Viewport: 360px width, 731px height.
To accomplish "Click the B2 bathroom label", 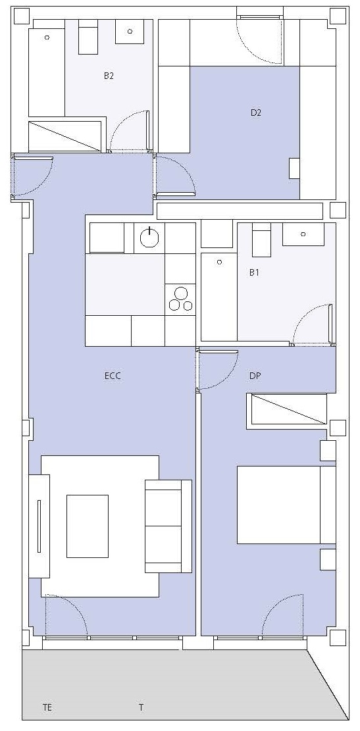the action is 109,76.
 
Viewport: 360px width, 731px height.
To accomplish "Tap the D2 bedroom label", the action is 255,113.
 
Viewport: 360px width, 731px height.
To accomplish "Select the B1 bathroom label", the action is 254,272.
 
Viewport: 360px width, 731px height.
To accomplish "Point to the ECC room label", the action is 113,376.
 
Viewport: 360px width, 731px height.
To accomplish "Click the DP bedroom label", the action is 255,376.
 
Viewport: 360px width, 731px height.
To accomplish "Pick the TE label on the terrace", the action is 47,707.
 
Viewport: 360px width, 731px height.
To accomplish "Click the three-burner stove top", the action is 180,299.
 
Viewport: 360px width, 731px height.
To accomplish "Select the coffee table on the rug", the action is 87,526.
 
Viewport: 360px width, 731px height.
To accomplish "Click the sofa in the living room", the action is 168,526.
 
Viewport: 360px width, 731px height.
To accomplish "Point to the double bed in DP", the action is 286,505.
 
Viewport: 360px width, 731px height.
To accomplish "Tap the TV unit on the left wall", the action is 39,526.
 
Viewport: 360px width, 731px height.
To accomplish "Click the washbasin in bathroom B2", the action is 130,31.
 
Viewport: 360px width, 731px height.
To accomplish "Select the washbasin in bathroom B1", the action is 303,234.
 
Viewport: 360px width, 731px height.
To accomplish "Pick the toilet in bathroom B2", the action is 87,37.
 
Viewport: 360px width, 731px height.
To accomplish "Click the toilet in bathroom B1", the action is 261,240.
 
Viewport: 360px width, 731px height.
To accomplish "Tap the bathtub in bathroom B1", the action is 219,297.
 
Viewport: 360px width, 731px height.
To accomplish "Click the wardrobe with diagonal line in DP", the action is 287,409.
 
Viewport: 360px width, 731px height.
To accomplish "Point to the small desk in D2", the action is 294,168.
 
